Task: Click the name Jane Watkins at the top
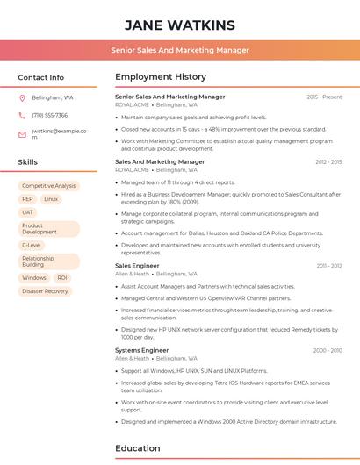tap(180, 25)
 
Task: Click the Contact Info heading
tap(41, 77)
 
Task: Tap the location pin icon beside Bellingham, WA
tap(23, 97)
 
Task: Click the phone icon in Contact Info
tap(23, 115)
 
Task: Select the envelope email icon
tap(23, 134)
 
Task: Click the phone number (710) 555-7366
tap(49, 115)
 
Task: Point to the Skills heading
tap(28, 162)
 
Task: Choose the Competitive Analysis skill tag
tap(48, 186)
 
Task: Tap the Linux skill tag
tap(51, 199)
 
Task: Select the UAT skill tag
tap(28, 212)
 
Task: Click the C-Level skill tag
tap(32, 246)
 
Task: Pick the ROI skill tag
tap(61, 278)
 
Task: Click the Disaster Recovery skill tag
tap(45, 291)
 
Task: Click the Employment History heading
tap(160, 77)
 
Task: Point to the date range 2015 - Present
tap(324, 97)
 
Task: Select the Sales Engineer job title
tap(137, 265)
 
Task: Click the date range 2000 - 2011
tap(327, 350)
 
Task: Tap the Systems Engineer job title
tap(141, 350)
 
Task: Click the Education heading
tap(139, 449)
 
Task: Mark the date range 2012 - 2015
tap(328, 162)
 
